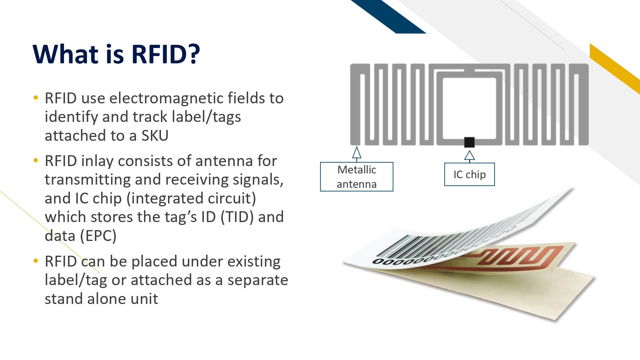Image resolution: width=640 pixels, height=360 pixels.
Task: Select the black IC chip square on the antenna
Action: [x=469, y=142]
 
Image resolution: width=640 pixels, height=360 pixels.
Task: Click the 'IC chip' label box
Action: [x=469, y=174]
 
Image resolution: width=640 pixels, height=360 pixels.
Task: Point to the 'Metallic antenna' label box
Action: [x=357, y=177]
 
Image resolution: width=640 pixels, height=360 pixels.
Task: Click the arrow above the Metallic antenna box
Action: [x=357, y=154]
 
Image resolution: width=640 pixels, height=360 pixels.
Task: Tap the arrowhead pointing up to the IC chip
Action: [x=469, y=156]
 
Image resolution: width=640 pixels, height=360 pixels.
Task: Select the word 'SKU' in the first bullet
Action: [x=155, y=136]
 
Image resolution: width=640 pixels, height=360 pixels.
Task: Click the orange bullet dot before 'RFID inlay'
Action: [x=36, y=160]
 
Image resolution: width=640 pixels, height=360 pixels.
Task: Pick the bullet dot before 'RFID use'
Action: [x=36, y=97]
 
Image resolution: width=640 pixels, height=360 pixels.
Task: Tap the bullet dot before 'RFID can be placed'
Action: [x=36, y=260]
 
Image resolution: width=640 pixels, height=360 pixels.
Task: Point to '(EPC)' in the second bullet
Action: [x=98, y=236]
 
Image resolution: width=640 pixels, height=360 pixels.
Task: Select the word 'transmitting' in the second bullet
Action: [x=88, y=180]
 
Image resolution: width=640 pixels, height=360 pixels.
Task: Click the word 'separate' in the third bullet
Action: [x=258, y=280]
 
